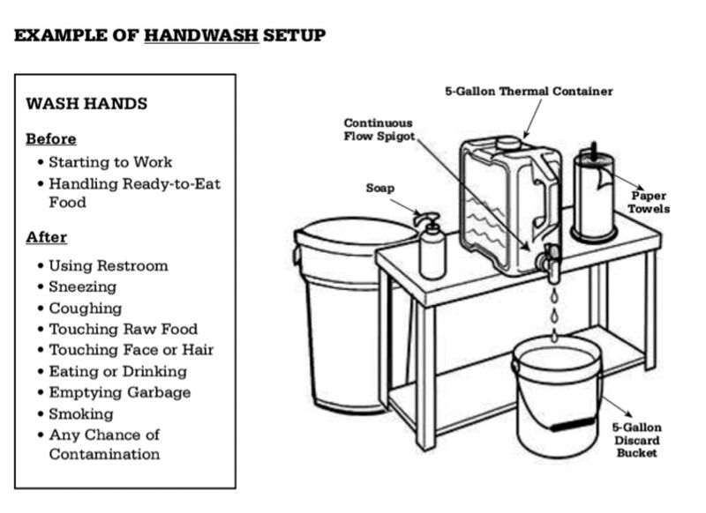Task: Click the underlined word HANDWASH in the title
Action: click(200, 36)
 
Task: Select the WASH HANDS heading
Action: click(86, 103)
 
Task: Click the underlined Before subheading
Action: click(50, 139)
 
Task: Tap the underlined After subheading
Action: click(46, 237)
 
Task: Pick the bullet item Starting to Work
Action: click(109, 162)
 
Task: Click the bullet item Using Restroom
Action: click(108, 265)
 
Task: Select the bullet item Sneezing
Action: click(82, 286)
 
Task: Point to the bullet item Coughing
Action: click(85, 309)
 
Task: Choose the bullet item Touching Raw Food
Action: click(123, 329)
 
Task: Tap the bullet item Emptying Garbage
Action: click(119, 392)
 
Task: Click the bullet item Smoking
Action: click(80, 413)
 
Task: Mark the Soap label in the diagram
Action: click(380, 188)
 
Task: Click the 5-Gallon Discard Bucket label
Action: click(635, 440)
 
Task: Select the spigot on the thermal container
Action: click(552, 261)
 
